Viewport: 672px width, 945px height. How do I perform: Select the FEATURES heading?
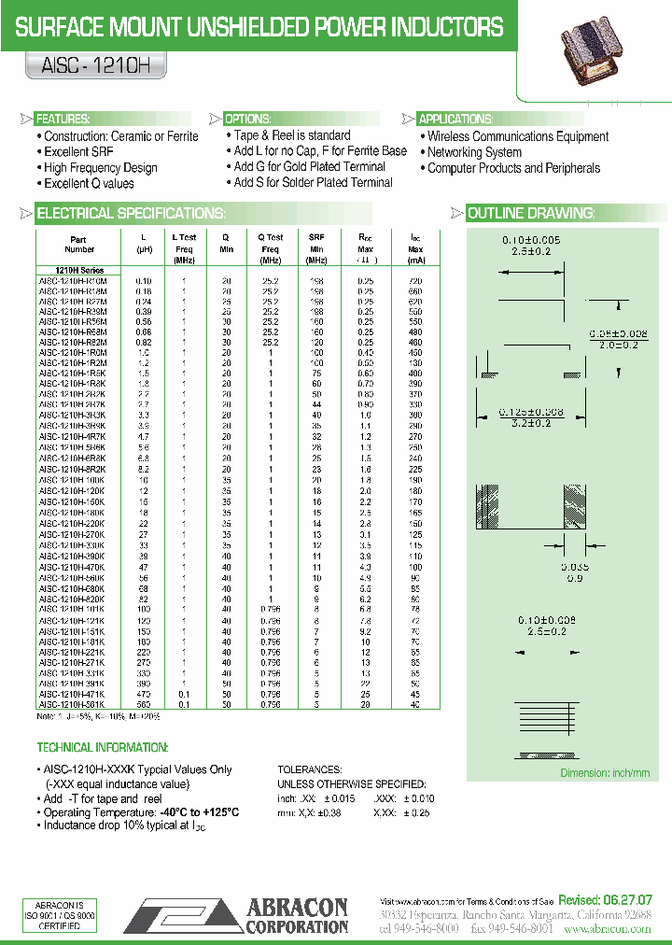pos(63,120)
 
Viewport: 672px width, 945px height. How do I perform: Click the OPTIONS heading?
pos(248,120)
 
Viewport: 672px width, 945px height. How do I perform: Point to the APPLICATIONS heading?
pos(455,120)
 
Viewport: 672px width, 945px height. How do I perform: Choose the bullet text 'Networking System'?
pos(474,152)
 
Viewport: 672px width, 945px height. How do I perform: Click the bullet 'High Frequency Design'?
pos(100,168)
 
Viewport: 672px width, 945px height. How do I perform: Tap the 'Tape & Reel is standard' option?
pos(291,135)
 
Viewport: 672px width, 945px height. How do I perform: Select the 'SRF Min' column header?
pos(316,244)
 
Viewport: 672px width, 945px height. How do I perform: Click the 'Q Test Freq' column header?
pos(271,244)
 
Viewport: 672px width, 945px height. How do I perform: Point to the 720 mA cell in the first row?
pos(415,280)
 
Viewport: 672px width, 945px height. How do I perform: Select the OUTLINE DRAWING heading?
pos(530,214)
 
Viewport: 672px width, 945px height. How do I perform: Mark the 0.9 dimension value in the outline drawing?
pos(575,578)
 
